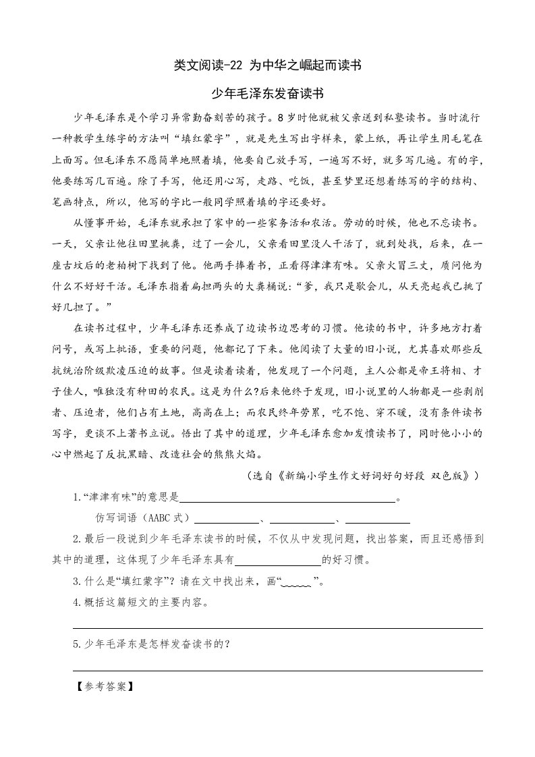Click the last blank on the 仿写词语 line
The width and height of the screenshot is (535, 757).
click(377, 521)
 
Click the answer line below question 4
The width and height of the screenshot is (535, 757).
click(277, 627)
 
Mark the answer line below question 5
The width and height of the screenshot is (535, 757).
click(277, 670)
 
